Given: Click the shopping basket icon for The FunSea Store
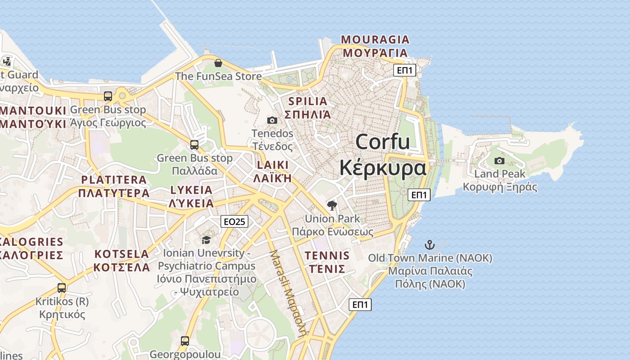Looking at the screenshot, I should (218, 63).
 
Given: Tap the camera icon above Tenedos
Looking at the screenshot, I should (272, 120).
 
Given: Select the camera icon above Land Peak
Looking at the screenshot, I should (499, 161).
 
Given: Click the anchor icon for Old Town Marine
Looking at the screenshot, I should (430, 245).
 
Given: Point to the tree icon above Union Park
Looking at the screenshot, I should (332, 206).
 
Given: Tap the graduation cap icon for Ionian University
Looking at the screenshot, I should (206, 240).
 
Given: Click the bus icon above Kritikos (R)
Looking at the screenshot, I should (62, 288).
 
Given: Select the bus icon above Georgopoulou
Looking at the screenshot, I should (185, 341).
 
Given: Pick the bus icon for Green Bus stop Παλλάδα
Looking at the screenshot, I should (194, 144).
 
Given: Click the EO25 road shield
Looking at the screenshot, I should (234, 221).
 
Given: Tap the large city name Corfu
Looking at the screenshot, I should (382, 142).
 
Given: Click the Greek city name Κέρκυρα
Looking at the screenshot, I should (382, 168).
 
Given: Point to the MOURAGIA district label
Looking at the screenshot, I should (375, 40).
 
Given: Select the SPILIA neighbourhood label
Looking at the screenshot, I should (308, 101).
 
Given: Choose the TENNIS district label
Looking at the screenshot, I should (327, 256).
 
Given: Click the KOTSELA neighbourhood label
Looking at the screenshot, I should (121, 254).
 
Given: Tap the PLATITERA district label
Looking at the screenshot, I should (114, 180).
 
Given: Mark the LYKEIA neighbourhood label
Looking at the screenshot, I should (192, 190).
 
